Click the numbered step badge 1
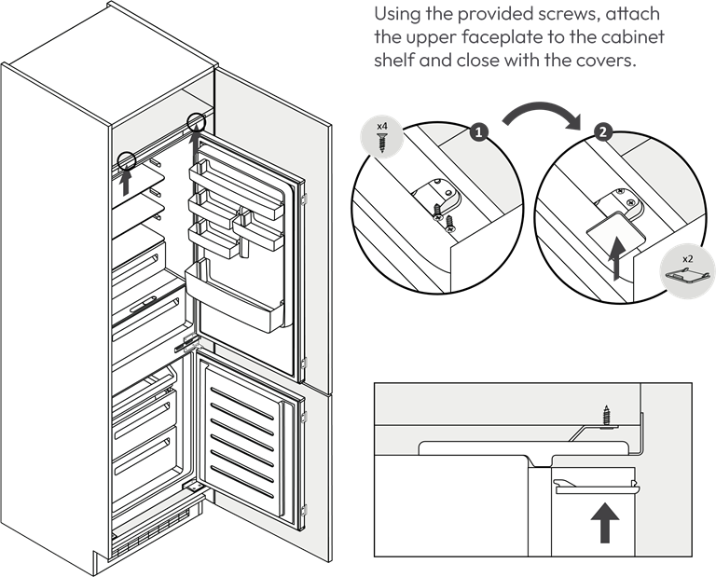478,132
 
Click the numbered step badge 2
603,132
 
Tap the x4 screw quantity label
381,126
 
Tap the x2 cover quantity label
688,259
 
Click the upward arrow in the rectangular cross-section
605,523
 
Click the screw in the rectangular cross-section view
606,416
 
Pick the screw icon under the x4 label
381,143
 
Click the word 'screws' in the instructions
569,14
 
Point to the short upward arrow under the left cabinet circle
127,182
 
